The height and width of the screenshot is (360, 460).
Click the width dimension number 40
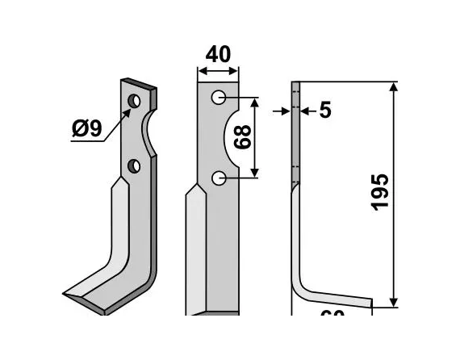tap(218, 55)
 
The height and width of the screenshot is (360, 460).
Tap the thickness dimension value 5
tap(324, 111)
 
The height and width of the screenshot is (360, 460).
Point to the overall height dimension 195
tap(381, 191)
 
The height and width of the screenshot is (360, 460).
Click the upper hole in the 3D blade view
tap(134, 101)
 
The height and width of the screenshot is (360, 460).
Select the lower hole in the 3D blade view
tap(134, 166)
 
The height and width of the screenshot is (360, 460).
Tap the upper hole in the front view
tap(219, 98)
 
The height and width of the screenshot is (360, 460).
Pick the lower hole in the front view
tap(219, 177)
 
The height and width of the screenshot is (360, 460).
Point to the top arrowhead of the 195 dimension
tap(394, 86)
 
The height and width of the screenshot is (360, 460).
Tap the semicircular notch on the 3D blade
tap(148, 134)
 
